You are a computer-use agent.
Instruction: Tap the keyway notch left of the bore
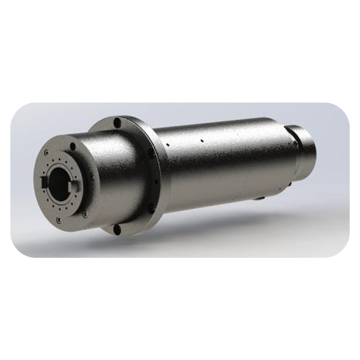tap(44, 182)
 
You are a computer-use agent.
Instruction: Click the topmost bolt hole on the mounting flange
tap(117, 122)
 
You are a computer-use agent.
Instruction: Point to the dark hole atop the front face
tap(73, 146)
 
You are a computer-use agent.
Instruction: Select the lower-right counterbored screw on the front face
tap(85, 214)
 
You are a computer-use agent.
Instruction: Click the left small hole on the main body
tap(167, 145)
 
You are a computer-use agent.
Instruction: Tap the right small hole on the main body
tap(202, 140)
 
